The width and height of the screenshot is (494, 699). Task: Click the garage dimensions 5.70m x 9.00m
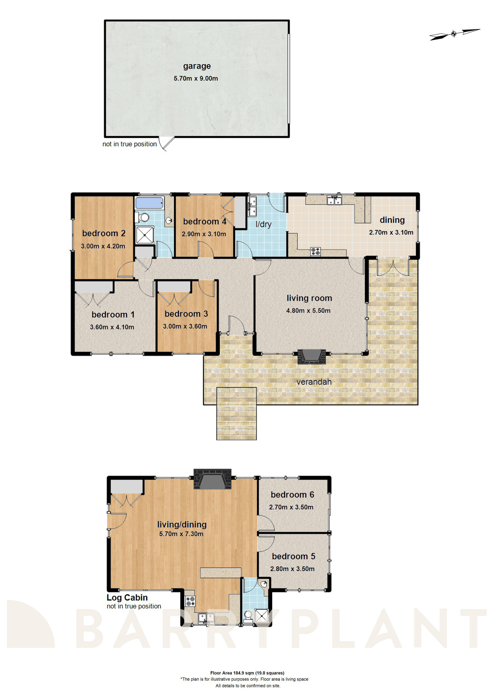[196, 78]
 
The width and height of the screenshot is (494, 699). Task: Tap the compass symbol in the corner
[454, 34]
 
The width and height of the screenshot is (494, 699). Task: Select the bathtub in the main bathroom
[149, 203]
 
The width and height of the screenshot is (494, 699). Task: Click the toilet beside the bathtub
[143, 218]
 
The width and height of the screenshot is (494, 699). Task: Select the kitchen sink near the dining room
[334, 201]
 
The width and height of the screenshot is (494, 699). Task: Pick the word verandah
[314, 382]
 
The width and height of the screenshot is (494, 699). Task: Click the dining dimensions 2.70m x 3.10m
[391, 233]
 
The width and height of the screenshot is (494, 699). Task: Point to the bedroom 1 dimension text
[112, 327]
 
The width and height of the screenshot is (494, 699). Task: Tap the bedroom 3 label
[186, 314]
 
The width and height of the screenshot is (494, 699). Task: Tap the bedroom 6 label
[292, 495]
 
